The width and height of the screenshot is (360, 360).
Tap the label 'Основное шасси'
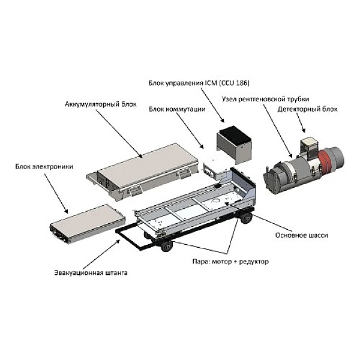(302, 236)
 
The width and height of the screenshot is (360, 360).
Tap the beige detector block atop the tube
(309, 146)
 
